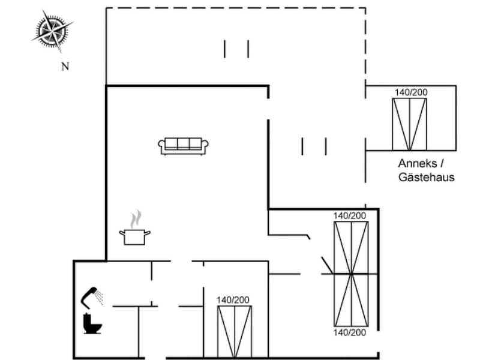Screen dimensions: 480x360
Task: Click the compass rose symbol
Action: tap(52, 31)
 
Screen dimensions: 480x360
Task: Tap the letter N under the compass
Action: tap(65, 67)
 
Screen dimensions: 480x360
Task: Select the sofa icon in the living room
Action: tap(184, 146)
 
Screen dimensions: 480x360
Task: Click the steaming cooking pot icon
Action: tap(134, 227)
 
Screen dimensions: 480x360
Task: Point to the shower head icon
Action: tap(92, 297)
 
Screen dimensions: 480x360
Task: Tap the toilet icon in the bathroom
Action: tap(92, 323)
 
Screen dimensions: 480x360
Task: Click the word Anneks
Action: tap(418, 163)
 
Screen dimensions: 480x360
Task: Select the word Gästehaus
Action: tap(427, 178)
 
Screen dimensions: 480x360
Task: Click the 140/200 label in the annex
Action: tap(411, 92)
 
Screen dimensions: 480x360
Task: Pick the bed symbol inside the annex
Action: tap(409, 124)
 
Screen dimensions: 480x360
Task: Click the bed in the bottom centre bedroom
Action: tap(235, 332)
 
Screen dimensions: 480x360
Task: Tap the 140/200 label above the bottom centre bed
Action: tap(233, 300)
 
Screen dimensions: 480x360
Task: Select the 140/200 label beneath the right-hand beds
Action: tap(350, 333)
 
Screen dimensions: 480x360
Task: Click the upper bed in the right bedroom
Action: tap(351, 248)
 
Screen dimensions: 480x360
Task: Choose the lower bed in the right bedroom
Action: tap(351, 301)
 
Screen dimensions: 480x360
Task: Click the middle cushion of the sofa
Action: tap(184, 143)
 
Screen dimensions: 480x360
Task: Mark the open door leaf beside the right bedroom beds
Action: tap(327, 265)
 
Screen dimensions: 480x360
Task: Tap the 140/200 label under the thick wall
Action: tap(350, 216)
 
